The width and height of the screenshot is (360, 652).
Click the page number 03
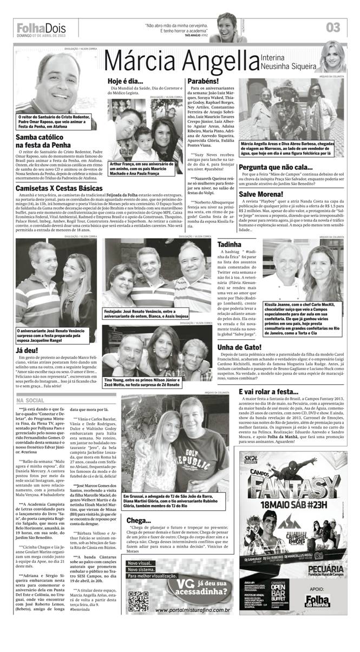click(x=333, y=27)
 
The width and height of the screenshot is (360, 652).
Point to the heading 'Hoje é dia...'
click(x=125, y=81)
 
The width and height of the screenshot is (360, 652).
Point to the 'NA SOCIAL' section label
click(x=31, y=400)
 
